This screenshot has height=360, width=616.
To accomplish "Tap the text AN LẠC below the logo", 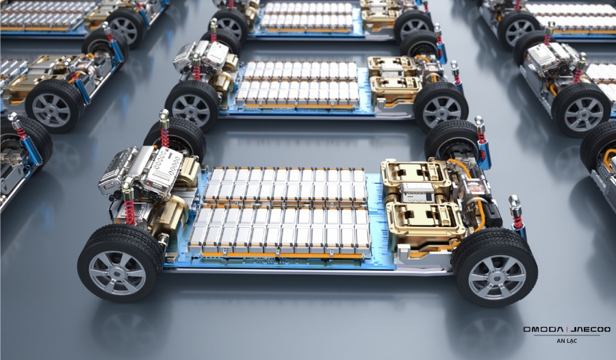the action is click(567, 341).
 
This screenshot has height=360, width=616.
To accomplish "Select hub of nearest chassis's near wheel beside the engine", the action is click(117, 273).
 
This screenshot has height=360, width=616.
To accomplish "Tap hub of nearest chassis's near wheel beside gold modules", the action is click(497, 277).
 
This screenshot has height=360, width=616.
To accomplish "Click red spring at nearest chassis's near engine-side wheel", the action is click(129, 212).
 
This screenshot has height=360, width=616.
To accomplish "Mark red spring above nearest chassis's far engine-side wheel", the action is click(165, 138).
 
